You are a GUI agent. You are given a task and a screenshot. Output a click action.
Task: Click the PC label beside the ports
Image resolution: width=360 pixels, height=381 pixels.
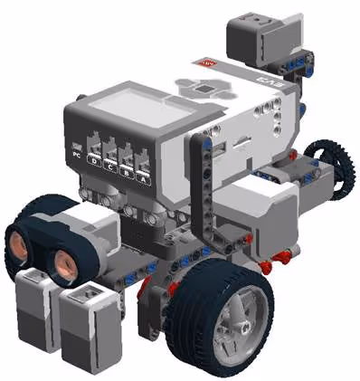tap(76, 153)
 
